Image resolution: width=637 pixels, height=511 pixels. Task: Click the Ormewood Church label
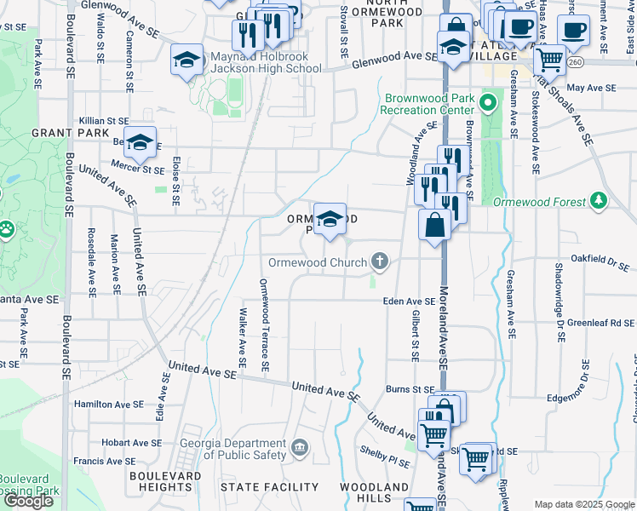tap(318, 262)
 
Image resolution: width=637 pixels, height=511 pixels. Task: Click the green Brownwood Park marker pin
tap(487, 104)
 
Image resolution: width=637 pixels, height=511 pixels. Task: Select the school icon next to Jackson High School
tap(187, 60)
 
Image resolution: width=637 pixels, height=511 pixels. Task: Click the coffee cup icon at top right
tap(573, 31)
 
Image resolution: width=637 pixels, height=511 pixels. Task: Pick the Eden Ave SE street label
tap(409, 301)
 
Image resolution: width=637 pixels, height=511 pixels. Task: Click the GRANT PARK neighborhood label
tap(71, 133)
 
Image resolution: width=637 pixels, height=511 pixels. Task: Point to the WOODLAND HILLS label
tap(374, 492)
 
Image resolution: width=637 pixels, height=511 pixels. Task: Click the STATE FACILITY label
tap(269, 487)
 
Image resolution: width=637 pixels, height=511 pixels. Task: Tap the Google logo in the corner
tap(29, 501)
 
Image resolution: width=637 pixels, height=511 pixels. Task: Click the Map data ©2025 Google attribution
tap(584, 505)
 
